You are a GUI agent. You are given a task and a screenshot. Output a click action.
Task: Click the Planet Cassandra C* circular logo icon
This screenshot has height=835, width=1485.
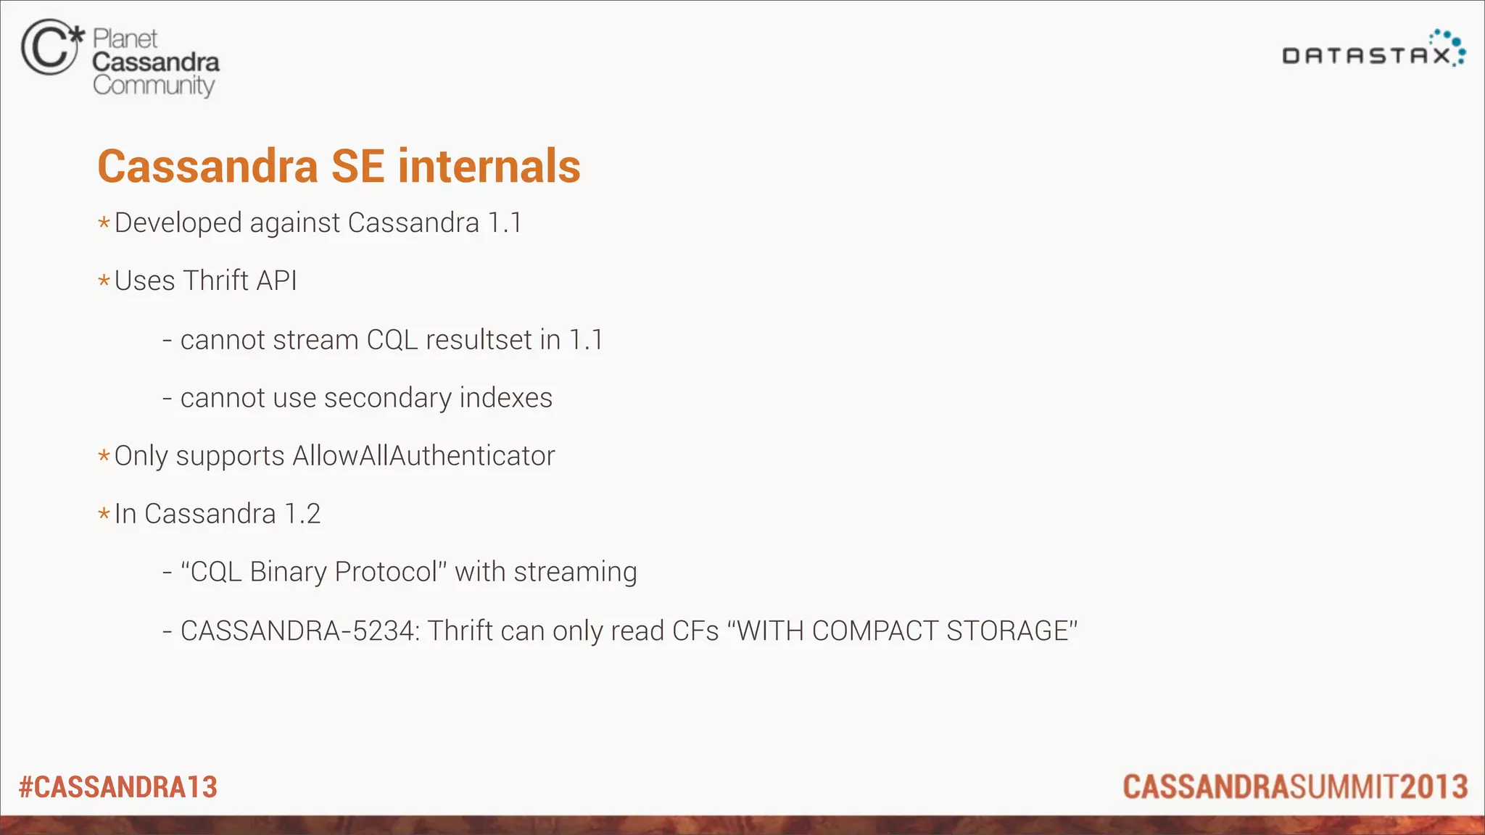51,48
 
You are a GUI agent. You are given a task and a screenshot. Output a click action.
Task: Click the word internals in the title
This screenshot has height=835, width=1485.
489,166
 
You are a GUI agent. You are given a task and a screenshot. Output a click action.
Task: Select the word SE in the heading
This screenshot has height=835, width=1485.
357,166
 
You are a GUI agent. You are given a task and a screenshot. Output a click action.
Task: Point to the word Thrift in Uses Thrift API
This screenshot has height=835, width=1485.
216,281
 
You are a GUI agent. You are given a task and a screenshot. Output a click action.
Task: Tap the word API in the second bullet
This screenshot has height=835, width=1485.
277,281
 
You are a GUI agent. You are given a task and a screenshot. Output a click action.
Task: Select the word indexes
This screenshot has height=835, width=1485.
505,398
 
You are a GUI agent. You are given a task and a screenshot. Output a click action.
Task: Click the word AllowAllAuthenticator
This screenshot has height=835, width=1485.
423,456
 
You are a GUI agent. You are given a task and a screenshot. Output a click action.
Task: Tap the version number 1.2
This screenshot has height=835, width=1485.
302,514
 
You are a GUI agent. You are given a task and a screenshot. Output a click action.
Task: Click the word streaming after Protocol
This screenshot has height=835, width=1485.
575,572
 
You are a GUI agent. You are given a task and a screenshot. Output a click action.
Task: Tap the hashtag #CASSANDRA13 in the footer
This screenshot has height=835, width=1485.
118,787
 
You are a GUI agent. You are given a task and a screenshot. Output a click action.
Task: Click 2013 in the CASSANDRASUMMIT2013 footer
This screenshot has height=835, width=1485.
1434,787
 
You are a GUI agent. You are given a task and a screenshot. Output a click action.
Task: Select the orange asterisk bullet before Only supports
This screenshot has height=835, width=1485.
104,456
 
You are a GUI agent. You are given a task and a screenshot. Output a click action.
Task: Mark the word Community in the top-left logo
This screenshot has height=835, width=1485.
154,86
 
